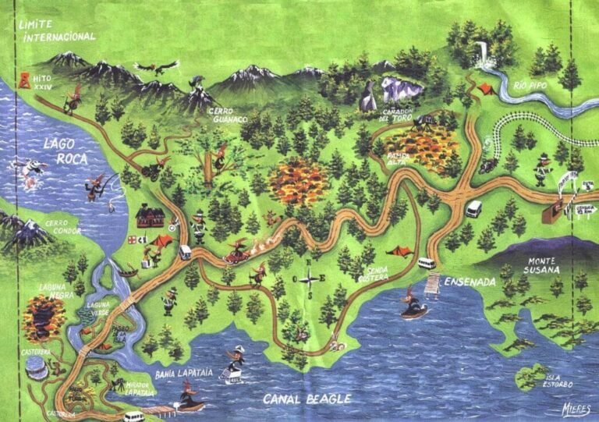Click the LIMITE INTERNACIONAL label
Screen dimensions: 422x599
pyautogui.click(x=59, y=30)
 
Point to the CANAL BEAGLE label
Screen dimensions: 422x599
pyautogui.click(x=307, y=399)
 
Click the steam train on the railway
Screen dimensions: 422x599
pyautogui.click(x=488, y=163)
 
